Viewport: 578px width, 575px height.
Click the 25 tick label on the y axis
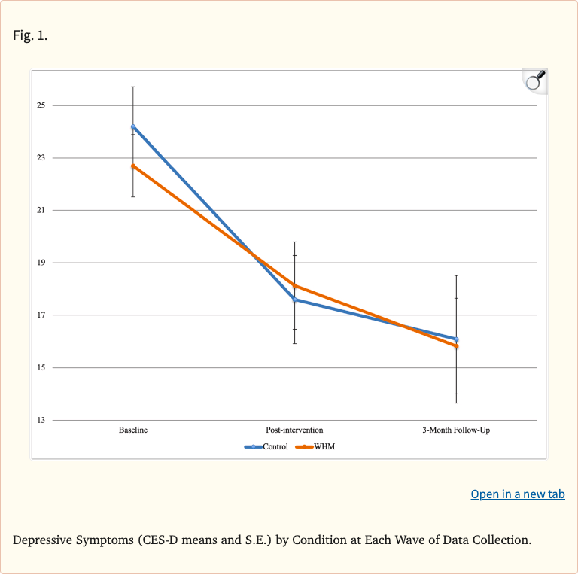(41, 105)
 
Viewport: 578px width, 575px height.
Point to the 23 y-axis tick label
(41, 158)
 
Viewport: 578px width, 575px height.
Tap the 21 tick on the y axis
(41, 210)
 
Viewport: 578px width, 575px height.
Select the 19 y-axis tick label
(41, 263)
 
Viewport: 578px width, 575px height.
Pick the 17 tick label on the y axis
(41, 315)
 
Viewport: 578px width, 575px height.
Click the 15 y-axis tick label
(41, 368)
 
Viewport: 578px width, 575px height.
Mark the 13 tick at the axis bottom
(41, 420)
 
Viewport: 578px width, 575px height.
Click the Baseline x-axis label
(133, 430)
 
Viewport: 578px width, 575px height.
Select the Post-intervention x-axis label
(294, 430)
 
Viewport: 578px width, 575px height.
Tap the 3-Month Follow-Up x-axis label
(456, 430)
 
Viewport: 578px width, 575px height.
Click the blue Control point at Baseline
(133, 127)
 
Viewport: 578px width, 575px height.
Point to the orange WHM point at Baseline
(133, 166)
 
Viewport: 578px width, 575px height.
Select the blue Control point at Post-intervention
(295, 300)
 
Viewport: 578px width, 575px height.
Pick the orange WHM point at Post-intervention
(295, 286)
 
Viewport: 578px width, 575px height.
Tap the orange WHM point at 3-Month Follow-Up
(456, 346)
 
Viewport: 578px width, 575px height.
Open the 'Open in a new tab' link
(517, 494)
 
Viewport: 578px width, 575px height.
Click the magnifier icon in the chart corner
(534, 81)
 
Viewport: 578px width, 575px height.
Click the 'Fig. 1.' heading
(30, 35)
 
